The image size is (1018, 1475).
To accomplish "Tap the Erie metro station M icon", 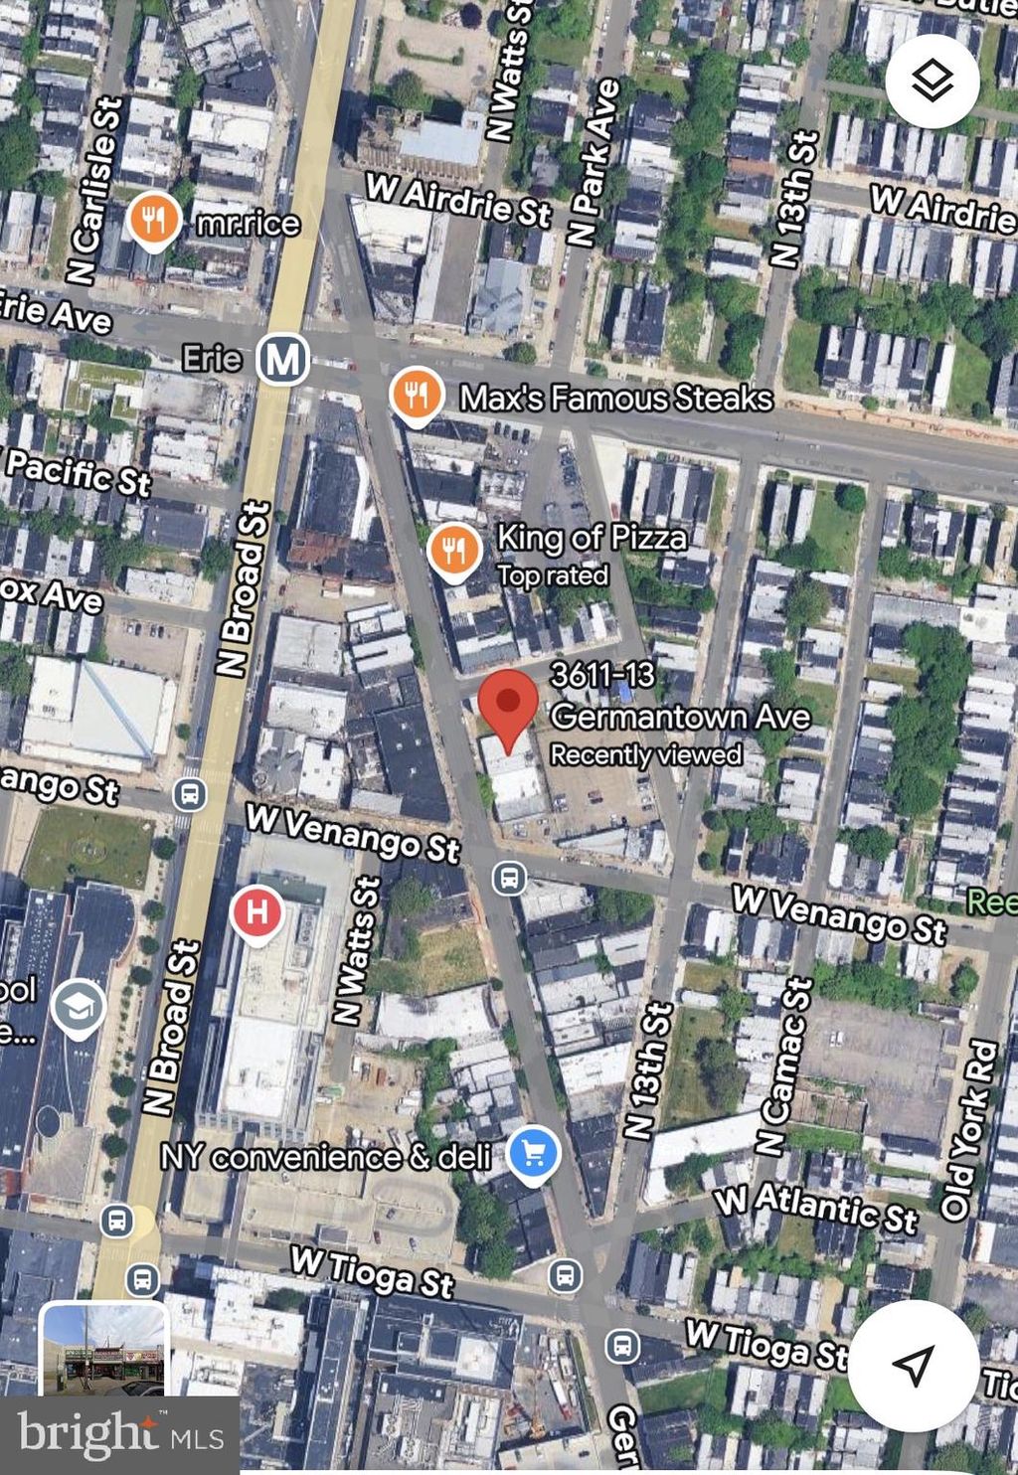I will [x=282, y=359].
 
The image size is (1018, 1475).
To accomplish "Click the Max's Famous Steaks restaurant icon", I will [x=417, y=396].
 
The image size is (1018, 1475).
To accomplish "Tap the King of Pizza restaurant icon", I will [x=454, y=548].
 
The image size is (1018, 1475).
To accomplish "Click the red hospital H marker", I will [x=256, y=911].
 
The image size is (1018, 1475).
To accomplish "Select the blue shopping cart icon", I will [x=533, y=1153].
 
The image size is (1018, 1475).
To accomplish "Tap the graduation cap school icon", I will [x=79, y=1007].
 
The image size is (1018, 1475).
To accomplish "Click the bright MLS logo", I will [x=119, y=1434].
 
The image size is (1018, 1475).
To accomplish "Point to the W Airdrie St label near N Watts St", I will [x=458, y=200].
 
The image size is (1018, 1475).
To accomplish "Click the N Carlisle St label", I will [x=93, y=189].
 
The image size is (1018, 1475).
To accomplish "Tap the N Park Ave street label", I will [x=594, y=163].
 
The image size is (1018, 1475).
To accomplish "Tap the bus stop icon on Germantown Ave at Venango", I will [x=509, y=879].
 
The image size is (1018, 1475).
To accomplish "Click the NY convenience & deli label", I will [x=326, y=1157].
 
